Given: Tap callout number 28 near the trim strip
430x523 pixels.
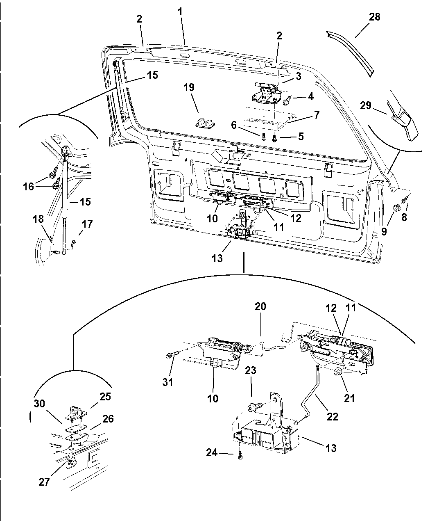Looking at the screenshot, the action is coord(374,17).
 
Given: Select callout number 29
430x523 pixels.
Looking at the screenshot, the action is coord(366,105).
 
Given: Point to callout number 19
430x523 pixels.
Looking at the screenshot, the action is coord(189,87).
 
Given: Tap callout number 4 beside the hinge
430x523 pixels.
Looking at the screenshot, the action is coord(310,96).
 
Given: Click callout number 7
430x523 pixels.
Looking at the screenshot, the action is coord(317,115).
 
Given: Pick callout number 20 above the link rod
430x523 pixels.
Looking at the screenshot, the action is coord(260,306).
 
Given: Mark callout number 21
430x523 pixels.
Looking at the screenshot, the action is coord(349,397).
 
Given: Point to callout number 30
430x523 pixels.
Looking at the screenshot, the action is coord(39,403).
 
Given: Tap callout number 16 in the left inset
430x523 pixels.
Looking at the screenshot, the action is coord(28,187).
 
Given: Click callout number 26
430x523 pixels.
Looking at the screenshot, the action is coord(108,419).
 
